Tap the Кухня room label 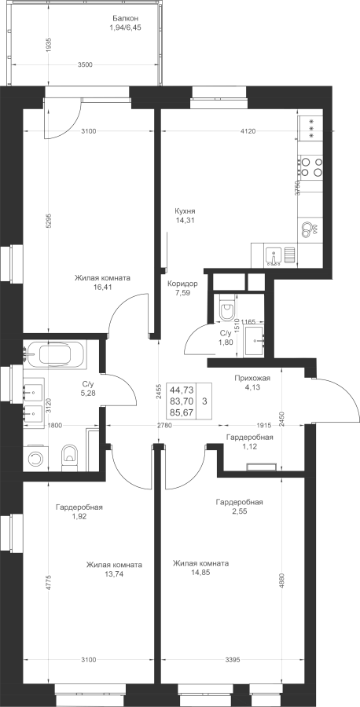pyautogui.click(x=185, y=211)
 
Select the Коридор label pyautogui.click(x=182, y=284)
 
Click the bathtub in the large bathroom pyautogui.click(x=54, y=353)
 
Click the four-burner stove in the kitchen pyautogui.click(x=310, y=166)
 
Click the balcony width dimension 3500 pyautogui.click(x=85, y=64)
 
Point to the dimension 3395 pyautogui.click(x=232, y=660)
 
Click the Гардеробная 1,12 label pyautogui.click(x=249, y=441)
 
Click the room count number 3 pyautogui.click(x=205, y=401)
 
